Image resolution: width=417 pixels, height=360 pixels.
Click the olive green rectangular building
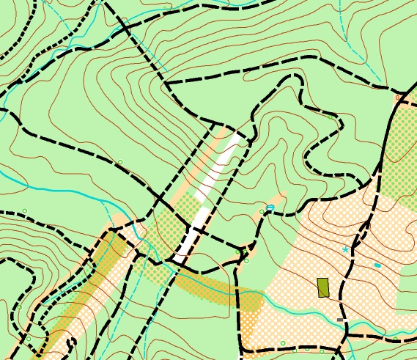[x=322, y=287]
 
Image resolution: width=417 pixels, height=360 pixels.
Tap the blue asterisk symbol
[x=345, y=250]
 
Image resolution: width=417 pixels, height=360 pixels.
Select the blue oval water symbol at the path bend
[x=270, y=208]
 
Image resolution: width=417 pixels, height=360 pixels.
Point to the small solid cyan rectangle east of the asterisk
[x=377, y=265]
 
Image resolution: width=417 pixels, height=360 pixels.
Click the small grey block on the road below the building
[x=339, y=320]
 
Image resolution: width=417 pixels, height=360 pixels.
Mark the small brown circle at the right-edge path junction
[x=398, y=97]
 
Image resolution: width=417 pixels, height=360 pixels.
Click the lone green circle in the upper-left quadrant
[x=120, y=162]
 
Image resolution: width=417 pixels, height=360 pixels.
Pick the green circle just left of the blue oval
[x=262, y=212]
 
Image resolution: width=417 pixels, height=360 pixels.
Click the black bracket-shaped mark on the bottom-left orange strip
[x=71, y=342]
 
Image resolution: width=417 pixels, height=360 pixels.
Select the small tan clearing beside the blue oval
[x=277, y=199]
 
